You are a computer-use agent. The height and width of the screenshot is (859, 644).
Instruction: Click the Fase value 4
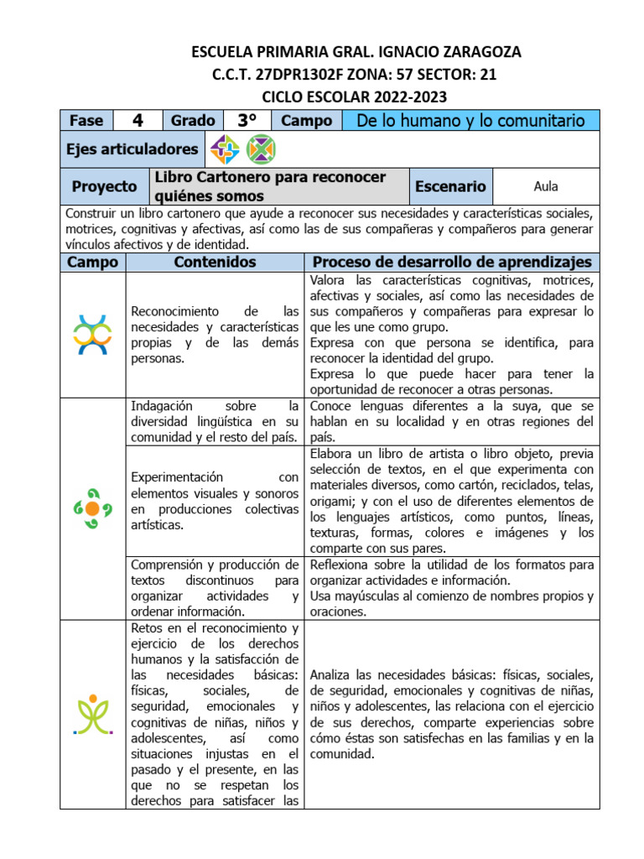tap(138, 120)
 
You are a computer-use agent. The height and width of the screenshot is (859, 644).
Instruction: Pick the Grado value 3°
tap(246, 120)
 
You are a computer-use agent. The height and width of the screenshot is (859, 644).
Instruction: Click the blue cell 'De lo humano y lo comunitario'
tap(470, 120)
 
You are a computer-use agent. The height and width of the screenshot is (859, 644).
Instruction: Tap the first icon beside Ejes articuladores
tap(225, 149)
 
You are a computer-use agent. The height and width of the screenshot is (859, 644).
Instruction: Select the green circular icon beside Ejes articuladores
tap(261, 149)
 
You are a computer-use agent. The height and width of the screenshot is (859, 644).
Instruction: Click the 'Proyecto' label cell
tap(104, 186)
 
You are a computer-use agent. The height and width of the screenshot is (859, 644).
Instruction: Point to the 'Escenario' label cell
tap(449, 186)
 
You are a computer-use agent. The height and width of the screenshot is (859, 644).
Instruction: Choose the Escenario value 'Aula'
tap(545, 186)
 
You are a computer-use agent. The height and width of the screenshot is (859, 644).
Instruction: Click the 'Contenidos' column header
tap(215, 263)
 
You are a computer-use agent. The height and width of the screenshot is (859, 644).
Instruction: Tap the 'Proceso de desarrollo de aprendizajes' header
tap(452, 263)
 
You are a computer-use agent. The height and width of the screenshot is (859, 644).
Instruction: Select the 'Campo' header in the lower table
tap(92, 263)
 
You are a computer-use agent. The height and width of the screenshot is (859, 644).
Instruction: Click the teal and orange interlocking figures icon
tap(92, 334)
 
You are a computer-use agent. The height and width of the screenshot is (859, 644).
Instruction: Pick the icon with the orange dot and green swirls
tap(92, 508)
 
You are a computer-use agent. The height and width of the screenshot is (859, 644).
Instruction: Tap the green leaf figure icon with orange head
tap(92, 713)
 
